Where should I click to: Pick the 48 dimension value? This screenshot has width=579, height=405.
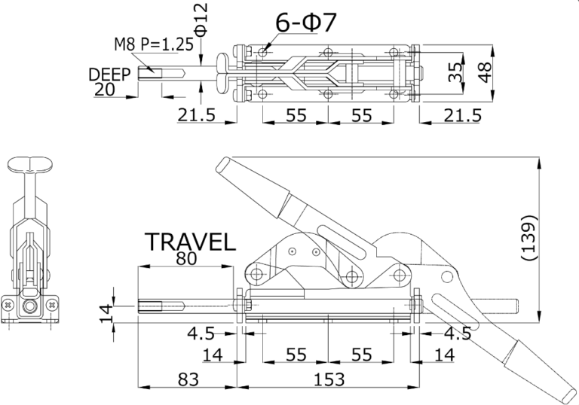pyautogui.click(x=484, y=73)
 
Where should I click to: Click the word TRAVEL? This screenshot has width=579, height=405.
pyautogui.click(x=190, y=242)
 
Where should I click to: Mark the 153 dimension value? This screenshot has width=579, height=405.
pyautogui.click(x=329, y=379)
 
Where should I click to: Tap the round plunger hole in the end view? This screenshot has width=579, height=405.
pyautogui.click(x=29, y=307)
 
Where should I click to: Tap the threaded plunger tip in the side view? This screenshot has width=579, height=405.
pyautogui.click(x=150, y=307)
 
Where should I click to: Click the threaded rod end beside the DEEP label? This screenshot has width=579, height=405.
pyautogui.click(x=150, y=73)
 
